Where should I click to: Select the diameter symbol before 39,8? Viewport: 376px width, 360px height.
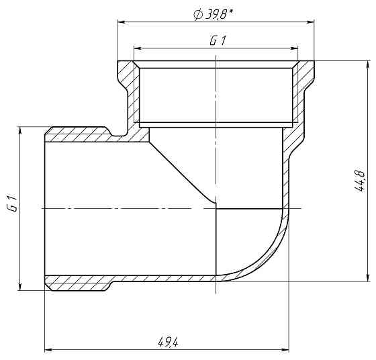(x=198, y=13)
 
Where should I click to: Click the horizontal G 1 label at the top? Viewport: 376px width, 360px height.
(x=217, y=40)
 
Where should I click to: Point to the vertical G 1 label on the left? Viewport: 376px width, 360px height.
(x=11, y=205)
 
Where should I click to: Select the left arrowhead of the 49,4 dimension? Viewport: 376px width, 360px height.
(x=48, y=350)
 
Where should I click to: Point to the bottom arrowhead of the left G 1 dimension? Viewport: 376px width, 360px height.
(x=21, y=287)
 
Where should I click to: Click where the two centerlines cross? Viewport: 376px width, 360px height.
(x=216, y=208)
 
